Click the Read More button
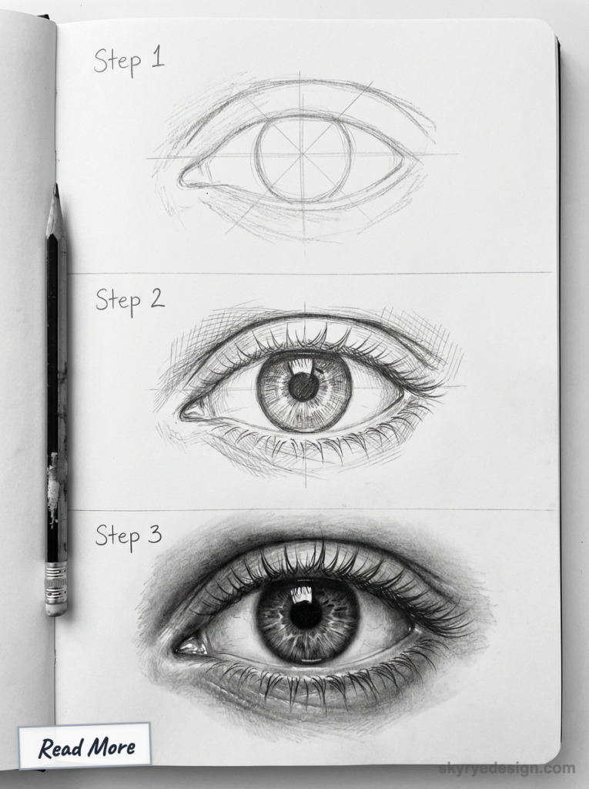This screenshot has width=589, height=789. coord(85,746)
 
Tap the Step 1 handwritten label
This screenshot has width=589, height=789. coord(129,60)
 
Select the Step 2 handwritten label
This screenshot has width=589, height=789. coord(129,299)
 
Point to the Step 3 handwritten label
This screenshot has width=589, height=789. coord(129,535)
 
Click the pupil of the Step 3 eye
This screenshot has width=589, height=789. coord(306,614)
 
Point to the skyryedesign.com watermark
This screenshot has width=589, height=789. coord(507,767)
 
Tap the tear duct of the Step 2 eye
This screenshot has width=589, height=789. coord(192,411)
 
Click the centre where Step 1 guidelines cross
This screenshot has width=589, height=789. coord(303,157)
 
